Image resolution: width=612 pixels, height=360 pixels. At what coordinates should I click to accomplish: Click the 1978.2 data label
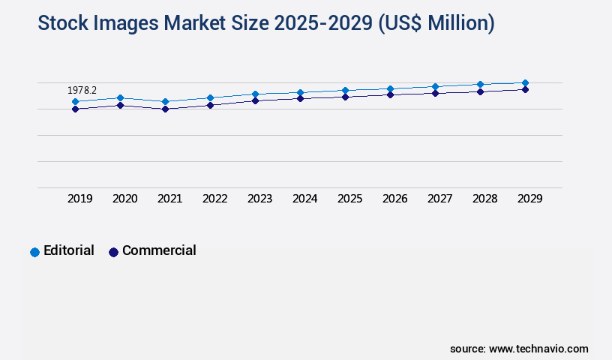pos(82,90)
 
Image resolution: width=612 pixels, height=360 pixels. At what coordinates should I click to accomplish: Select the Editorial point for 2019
pos(75,101)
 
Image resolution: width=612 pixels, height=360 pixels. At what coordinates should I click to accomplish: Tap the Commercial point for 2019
pos(75,109)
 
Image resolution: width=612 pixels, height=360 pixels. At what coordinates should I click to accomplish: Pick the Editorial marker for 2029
pos(525,82)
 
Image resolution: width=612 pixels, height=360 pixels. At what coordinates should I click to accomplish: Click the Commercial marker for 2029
pos(525,89)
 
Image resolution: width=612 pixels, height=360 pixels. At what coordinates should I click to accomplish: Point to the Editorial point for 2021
pos(165,101)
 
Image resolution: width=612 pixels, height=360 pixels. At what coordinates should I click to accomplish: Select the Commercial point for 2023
pos(255,100)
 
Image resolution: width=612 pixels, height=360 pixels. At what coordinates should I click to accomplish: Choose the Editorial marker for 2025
pos(345,90)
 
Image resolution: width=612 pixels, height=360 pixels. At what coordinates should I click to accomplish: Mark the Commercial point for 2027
pos(435,93)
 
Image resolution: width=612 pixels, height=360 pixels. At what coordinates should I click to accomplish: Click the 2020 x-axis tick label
pos(125,199)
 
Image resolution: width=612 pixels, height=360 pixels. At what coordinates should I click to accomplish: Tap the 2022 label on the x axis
pos(215,199)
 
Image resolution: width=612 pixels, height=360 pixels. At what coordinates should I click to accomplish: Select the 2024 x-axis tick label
pos(305,199)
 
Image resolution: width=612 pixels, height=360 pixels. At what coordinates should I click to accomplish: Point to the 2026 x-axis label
pos(395,199)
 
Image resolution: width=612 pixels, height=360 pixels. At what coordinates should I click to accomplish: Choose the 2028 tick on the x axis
pos(485,199)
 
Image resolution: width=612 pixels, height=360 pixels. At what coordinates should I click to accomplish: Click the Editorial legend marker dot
pos(34,252)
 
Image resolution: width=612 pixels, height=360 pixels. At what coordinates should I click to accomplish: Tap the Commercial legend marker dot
pos(113,252)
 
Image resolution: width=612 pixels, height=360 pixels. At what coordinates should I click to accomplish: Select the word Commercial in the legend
pos(159,250)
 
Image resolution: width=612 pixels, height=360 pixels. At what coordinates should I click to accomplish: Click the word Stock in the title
pos(63,24)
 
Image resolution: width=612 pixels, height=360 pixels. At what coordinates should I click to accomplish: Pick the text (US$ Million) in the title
pos(436,24)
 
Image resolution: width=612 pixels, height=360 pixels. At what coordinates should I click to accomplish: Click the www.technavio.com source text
pos(538,349)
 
